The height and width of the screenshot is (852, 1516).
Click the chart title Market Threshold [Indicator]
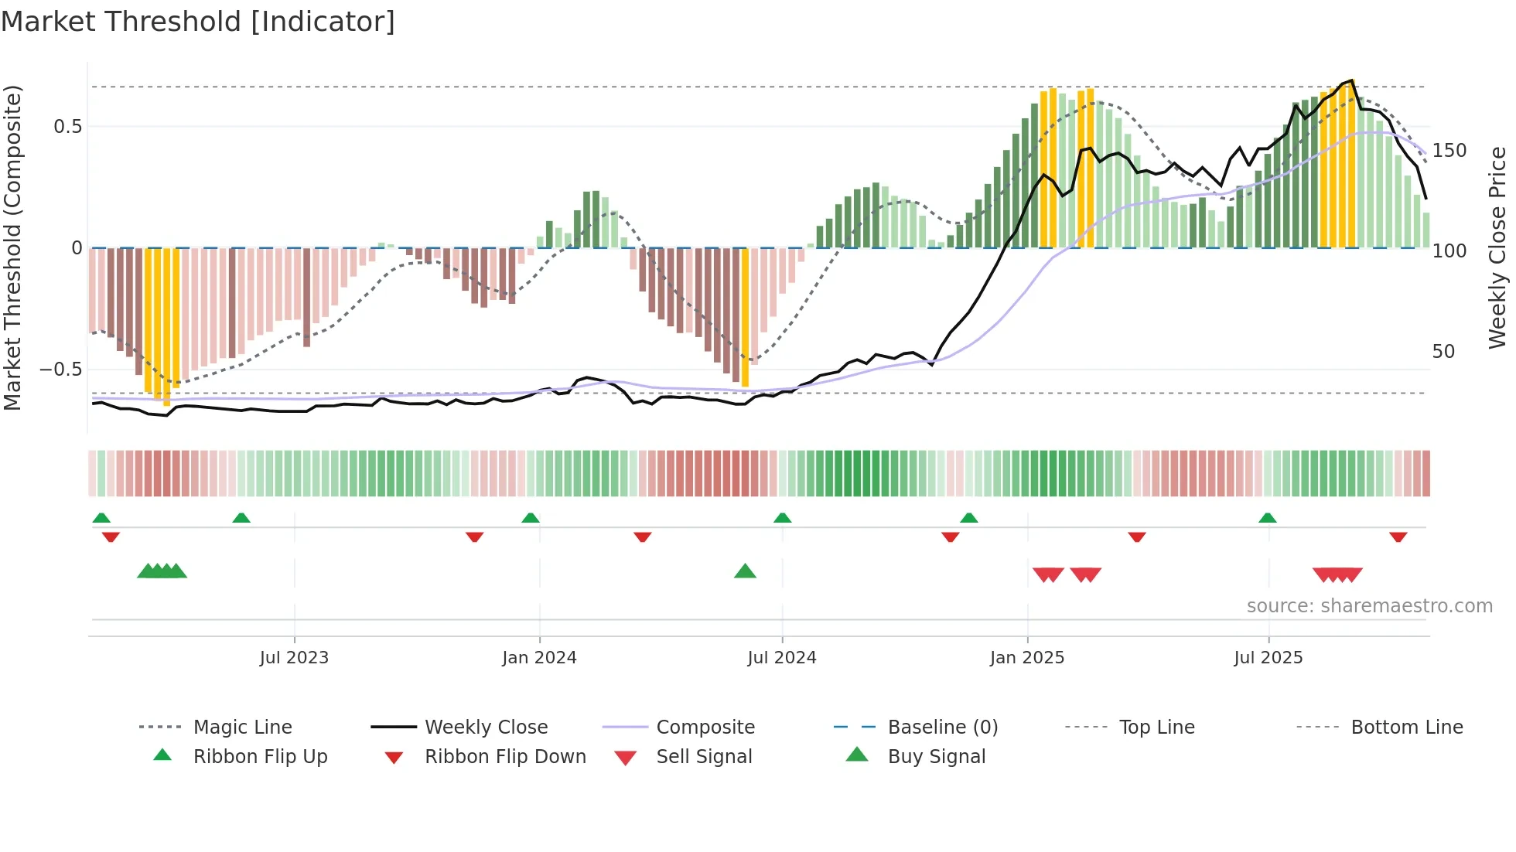click(x=198, y=22)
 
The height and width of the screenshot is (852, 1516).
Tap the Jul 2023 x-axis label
click(x=294, y=658)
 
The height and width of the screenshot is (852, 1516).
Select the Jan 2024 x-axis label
click(x=539, y=658)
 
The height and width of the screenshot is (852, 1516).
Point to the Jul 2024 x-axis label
click(x=781, y=658)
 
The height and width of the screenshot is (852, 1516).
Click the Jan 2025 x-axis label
click(x=1026, y=658)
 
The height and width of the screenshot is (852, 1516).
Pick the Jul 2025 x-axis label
click(x=1268, y=658)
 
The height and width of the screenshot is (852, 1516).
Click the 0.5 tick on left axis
click(x=67, y=127)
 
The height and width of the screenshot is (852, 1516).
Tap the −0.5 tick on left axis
click(x=61, y=370)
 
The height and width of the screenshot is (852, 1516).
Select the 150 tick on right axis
click(x=1449, y=151)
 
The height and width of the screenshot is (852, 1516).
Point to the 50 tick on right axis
click(x=1443, y=352)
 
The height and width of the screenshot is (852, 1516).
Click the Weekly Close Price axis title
click(x=1497, y=247)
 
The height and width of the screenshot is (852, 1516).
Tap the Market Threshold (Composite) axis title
click(x=12, y=247)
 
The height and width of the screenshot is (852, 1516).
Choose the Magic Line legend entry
click(x=242, y=728)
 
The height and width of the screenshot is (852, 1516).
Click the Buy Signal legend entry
click(x=936, y=757)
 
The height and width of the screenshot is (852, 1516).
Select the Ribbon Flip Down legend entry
click(x=504, y=757)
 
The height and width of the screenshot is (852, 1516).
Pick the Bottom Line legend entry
click(x=1406, y=728)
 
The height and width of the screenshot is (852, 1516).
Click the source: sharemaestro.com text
click(x=1369, y=606)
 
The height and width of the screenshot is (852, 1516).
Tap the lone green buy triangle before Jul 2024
click(x=745, y=571)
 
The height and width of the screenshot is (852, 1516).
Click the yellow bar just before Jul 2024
click(x=745, y=317)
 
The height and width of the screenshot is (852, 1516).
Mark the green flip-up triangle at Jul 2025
click(x=1267, y=518)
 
